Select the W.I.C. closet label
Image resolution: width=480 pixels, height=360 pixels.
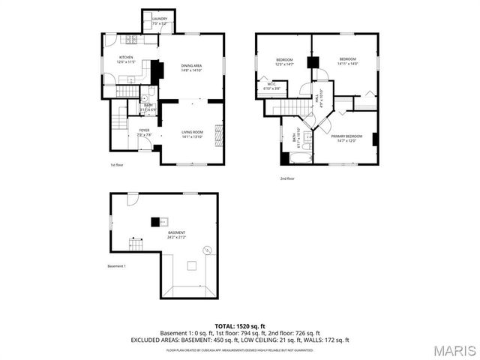pyautogui.click(x=271, y=87)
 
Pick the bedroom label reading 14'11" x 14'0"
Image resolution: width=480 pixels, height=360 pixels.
pyautogui.click(x=348, y=61)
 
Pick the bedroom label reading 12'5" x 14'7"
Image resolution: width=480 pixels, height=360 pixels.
pyautogui.click(x=284, y=62)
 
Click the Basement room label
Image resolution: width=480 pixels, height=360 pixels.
pyautogui.click(x=176, y=235)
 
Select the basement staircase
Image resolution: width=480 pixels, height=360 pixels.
pyautogui.click(x=136, y=244)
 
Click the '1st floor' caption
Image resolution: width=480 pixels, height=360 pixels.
pyautogui.click(x=117, y=165)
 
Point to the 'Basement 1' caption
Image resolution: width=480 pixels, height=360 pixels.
pyautogui.click(x=116, y=266)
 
